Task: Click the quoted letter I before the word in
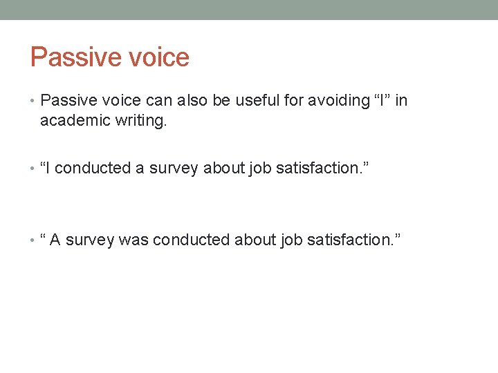[382, 101]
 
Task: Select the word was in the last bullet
[133, 240]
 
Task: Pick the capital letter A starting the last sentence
[55, 240]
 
